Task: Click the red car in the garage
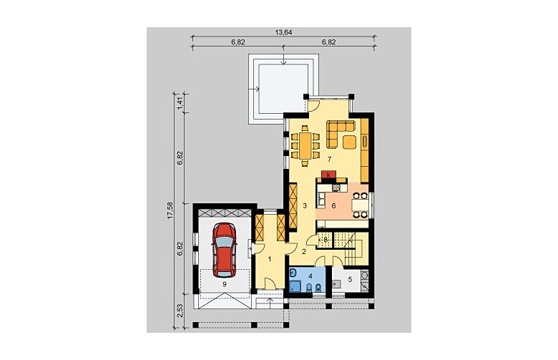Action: point(224,250)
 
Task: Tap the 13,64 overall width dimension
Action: point(283,32)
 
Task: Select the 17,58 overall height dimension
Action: point(170,210)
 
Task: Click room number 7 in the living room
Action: point(330,160)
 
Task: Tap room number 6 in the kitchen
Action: point(333,205)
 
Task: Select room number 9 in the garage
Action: point(224,284)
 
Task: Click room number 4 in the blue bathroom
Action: point(310,276)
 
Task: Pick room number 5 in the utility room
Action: point(350,280)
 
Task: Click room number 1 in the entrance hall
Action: point(270,259)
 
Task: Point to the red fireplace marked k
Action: point(329,175)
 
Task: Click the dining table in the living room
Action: point(305,145)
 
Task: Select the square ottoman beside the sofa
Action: point(349,142)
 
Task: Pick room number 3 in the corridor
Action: point(305,205)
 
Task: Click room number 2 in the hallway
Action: point(304,252)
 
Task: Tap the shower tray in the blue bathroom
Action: point(295,286)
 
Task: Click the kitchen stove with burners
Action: point(336,188)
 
